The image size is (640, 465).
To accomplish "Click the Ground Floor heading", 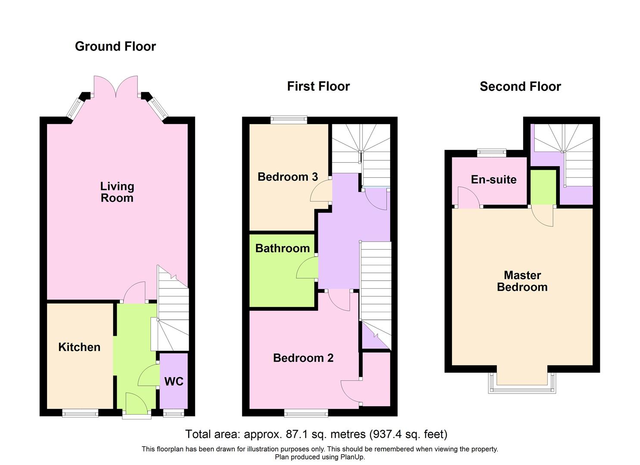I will (x=115, y=46).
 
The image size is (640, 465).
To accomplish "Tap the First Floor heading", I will (x=318, y=86).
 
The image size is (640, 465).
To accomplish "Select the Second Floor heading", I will (x=520, y=87).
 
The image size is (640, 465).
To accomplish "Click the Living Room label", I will (x=117, y=192).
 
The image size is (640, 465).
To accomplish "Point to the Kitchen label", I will (x=79, y=347).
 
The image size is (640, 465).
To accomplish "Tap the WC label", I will (x=174, y=381).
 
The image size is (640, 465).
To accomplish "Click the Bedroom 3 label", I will (x=287, y=177).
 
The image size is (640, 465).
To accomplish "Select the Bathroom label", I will (x=282, y=248).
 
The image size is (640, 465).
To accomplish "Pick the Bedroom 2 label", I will (x=303, y=358).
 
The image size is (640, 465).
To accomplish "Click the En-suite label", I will (x=493, y=180).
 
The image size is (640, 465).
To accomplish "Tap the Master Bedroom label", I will (x=522, y=281).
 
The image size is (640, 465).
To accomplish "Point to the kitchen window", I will (x=80, y=413).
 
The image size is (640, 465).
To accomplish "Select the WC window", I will (x=174, y=413).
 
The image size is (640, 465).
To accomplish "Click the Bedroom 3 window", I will (x=289, y=120).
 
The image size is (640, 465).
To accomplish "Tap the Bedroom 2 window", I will (x=306, y=413).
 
